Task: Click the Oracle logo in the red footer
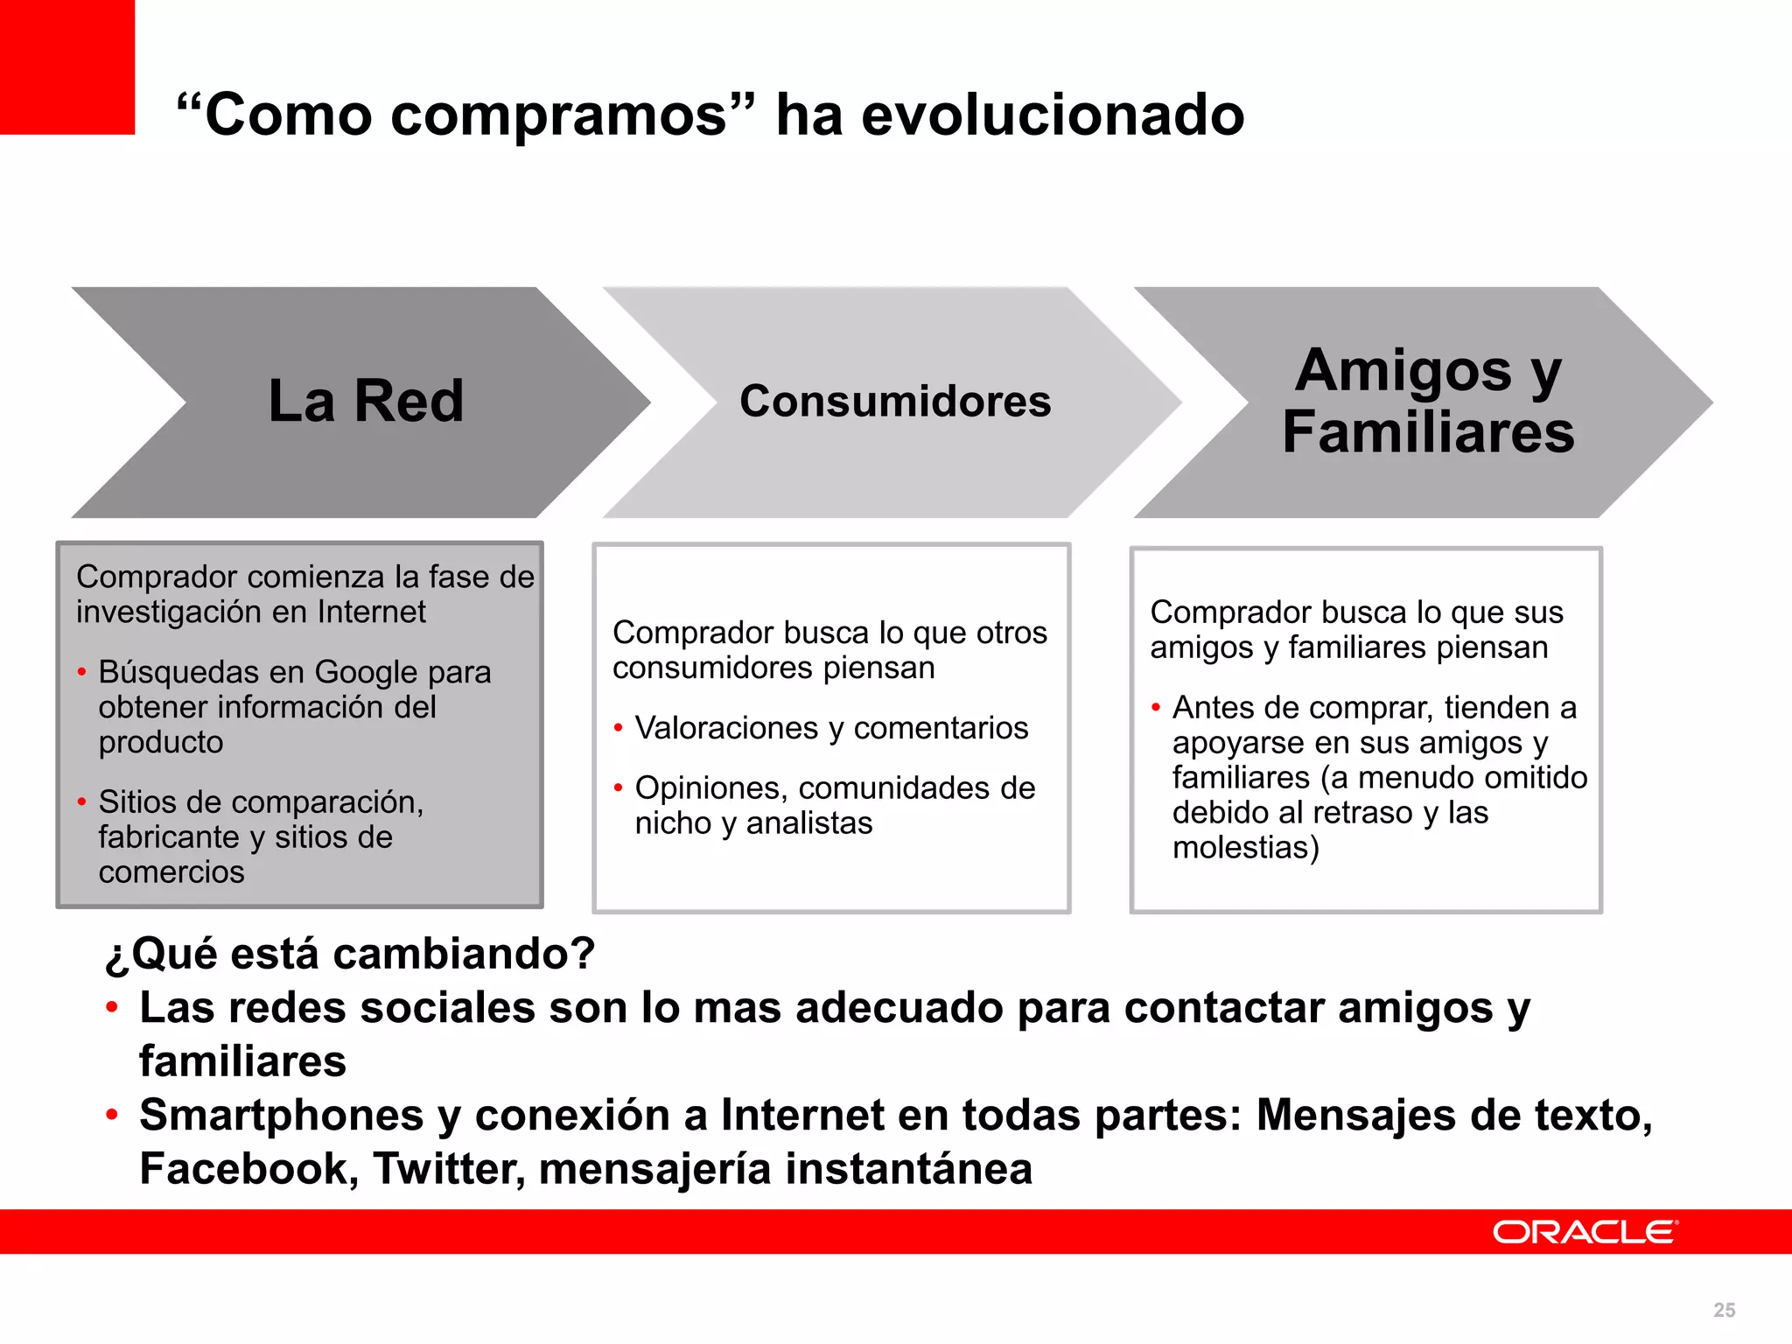tap(1585, 1232)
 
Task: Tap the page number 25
tap(1724, 1310)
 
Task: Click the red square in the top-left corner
tap(66, 66)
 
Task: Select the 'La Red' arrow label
tap(366, 402)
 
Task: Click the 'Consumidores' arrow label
tap(895, 402)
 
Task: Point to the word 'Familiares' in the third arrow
tap(1428, 432)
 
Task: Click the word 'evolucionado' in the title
tap(1053, 115)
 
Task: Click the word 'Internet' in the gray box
tap(372, 612)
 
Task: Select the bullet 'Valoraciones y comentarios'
tap(831, 728)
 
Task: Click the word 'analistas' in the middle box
tap(809, 823)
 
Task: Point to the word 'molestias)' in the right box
tap(1245, 848)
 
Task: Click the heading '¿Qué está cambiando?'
tap(350, 954)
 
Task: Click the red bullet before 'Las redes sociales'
tap(112, 1008)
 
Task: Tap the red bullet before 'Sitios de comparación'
tap(81, 801)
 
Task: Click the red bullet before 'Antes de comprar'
tap(1156, 707)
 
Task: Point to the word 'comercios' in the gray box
tap(171, 872)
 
